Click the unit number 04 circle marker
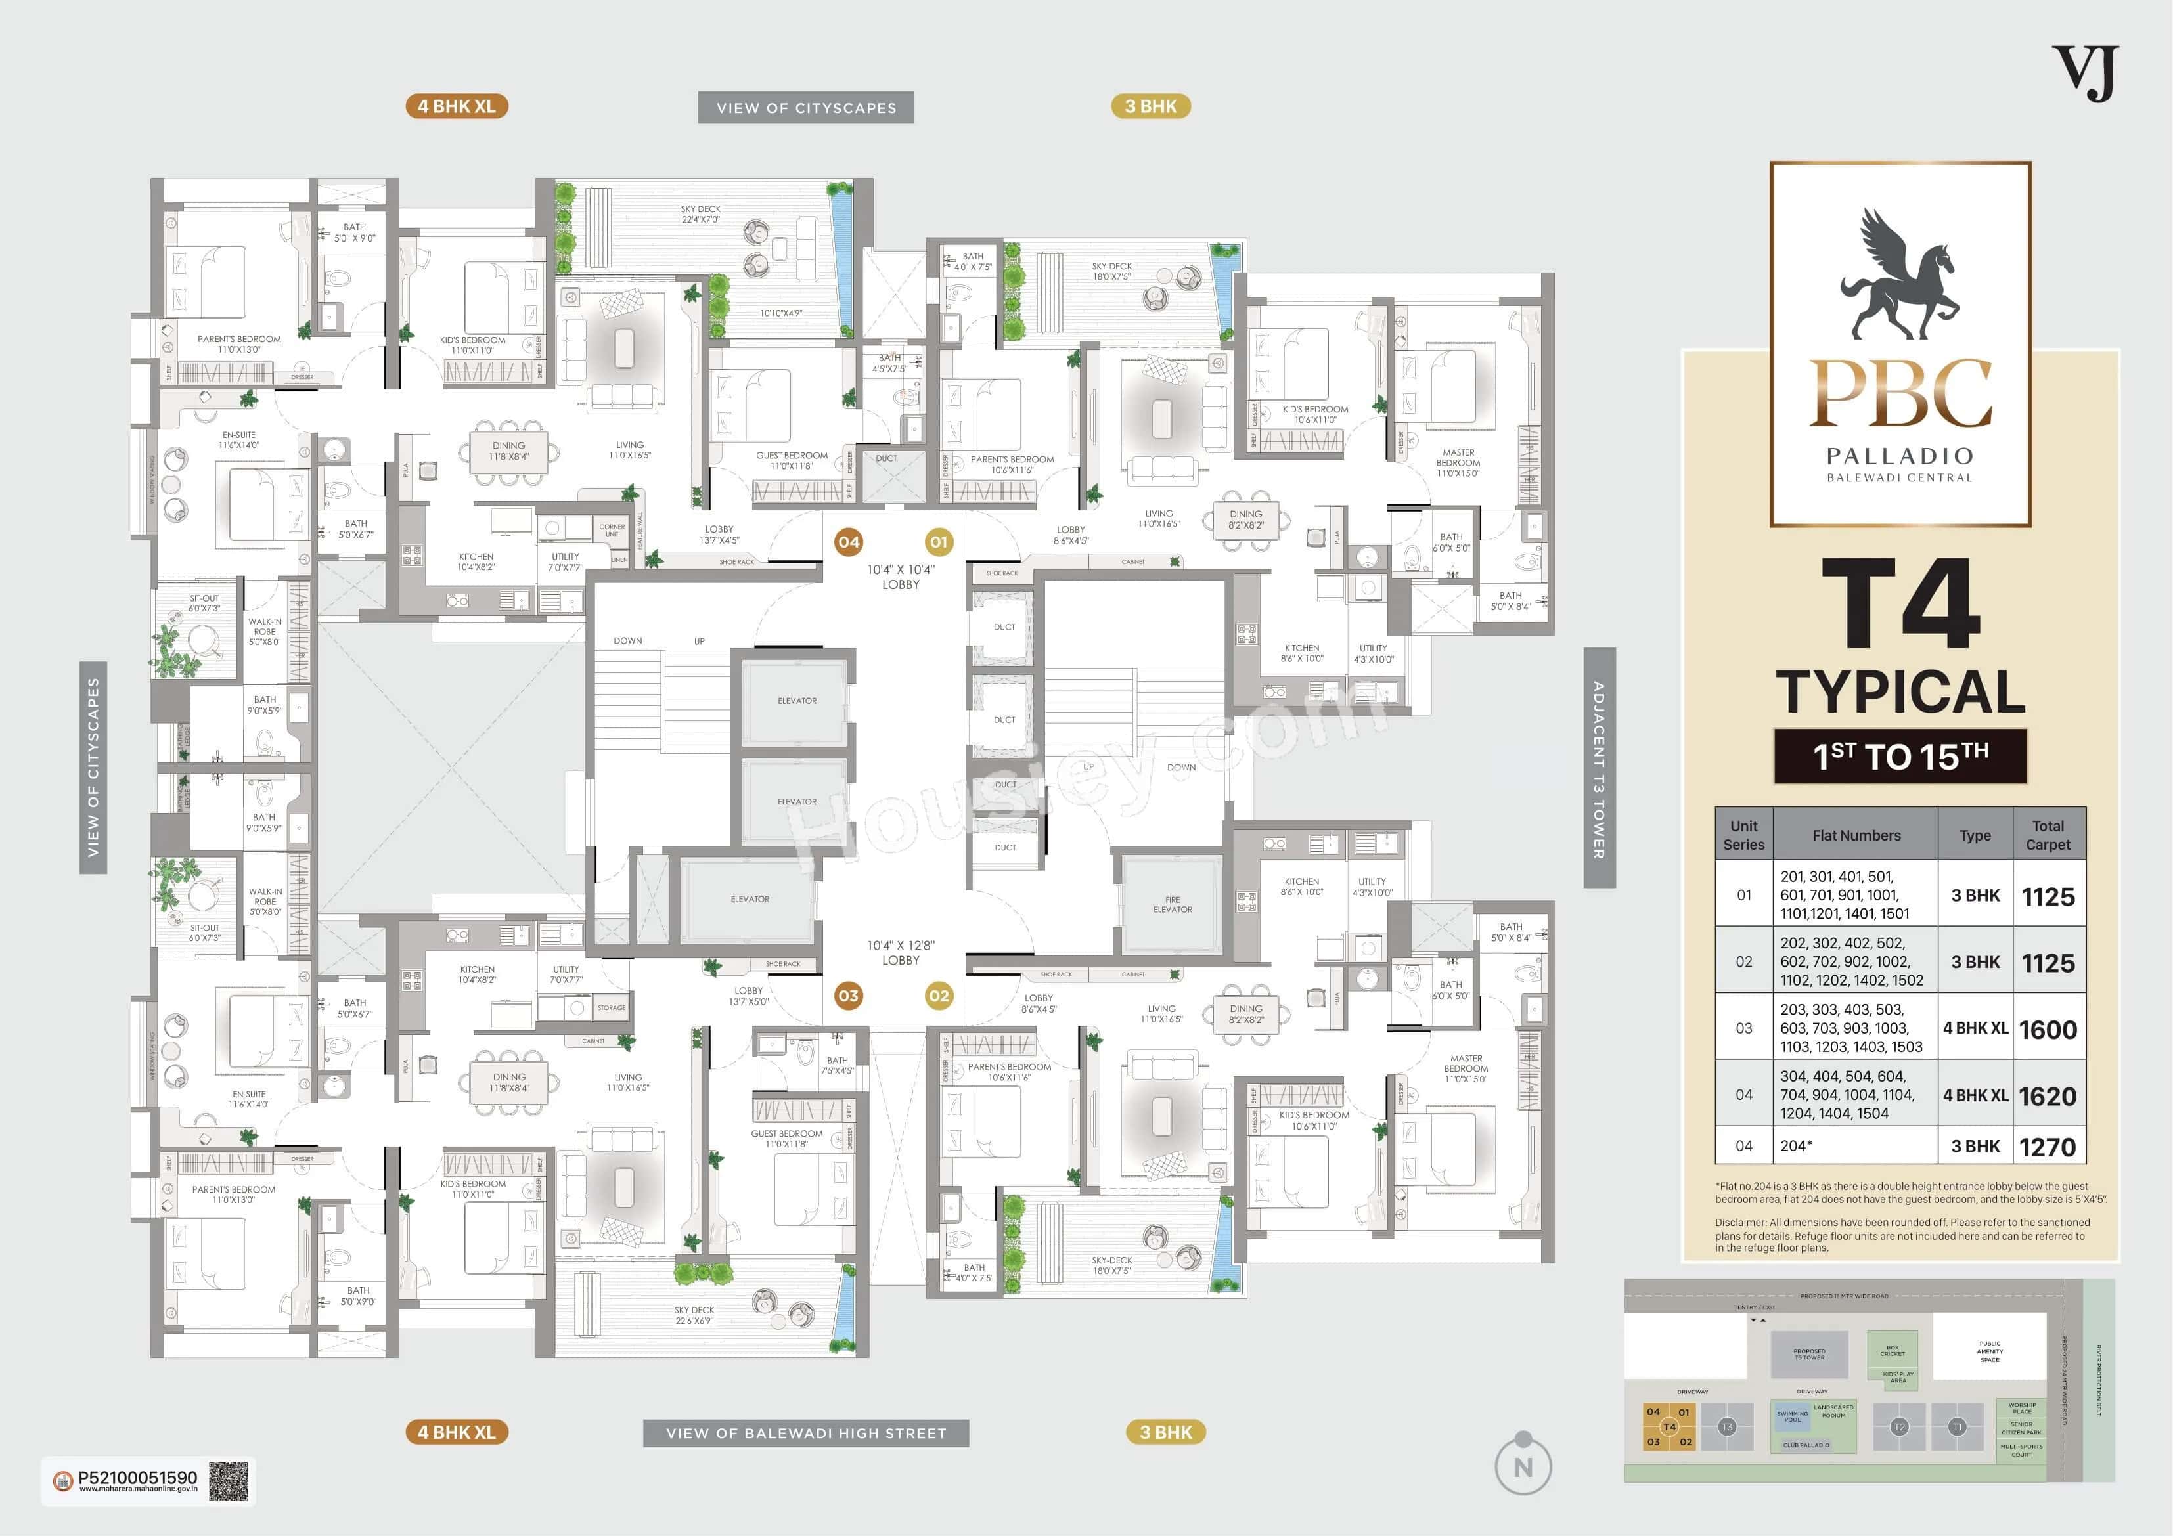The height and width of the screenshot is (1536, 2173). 848,542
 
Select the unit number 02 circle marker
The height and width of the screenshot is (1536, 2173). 938,996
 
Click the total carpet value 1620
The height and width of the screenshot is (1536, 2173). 2047,1096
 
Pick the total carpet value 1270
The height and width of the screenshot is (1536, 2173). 2047,1147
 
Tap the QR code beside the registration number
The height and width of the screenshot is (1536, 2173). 228,1481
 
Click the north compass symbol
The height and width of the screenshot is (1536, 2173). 1523,1465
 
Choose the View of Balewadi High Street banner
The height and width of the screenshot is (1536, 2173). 807,1434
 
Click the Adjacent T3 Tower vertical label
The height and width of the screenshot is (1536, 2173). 1598,768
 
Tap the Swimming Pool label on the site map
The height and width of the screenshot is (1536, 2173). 1791,1416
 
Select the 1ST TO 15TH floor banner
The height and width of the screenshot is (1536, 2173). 1900,756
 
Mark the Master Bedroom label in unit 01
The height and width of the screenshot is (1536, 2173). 1458,463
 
